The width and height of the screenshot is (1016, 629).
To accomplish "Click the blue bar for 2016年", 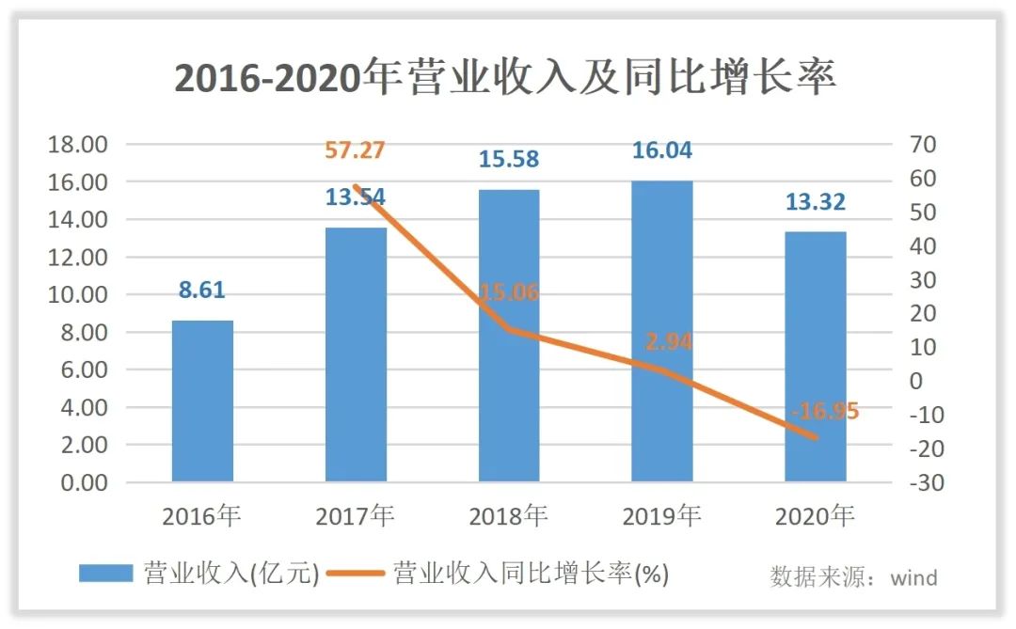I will (202, 401).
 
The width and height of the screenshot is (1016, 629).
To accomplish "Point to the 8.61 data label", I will (202, 290).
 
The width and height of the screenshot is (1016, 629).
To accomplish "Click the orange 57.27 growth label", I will (355, 150).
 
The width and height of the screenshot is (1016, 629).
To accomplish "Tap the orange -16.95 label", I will (824, 412).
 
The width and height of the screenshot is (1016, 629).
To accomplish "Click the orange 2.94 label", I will (668, 342).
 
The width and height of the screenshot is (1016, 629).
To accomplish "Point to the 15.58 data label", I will (509, 159).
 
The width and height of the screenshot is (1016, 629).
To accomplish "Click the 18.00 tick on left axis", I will (79, 145).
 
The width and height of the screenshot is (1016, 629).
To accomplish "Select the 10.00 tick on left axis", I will (79, 295).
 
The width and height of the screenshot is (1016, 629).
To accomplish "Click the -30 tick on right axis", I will (924, 482).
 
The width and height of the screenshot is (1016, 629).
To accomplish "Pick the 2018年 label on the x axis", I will (509, 516).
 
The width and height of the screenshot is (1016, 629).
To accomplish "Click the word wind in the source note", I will (913, 577).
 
